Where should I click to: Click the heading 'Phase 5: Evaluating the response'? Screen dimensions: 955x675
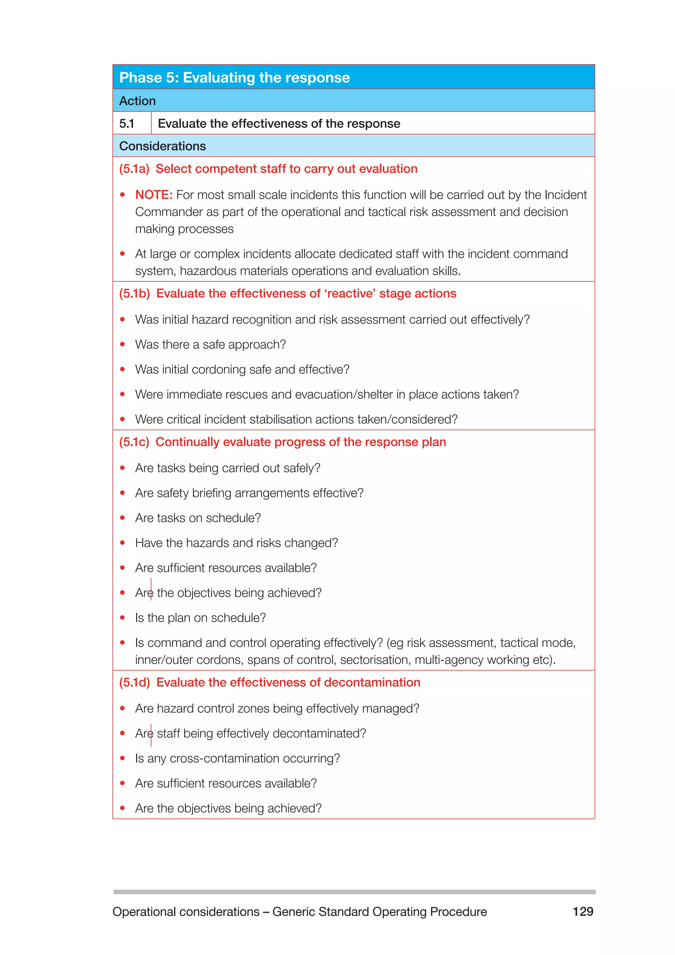pyautogui.click(x=234, y=78)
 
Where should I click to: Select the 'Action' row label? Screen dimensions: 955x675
pyautogui.click(x=137, y=101)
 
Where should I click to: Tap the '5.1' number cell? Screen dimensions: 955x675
pyautogui.click(x=127, y=124)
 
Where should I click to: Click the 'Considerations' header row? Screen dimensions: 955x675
pyautogui.click(x=162, y=146)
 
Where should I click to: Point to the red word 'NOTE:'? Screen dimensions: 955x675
pyautogui.click(x=154, y=195)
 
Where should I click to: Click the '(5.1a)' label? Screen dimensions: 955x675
pyautogui.click(x=134, y=169)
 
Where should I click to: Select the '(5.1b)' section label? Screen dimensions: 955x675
pyautogui.click(x=134, y=293)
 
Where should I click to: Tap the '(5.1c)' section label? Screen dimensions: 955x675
pyautogui.click(x=134, y=442)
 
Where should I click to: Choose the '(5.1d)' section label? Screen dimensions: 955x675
pyautogui.click(x=134, y=683)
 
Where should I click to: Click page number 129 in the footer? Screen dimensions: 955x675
pyautogui.click(x=583, y=912)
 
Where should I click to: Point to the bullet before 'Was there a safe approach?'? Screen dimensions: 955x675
pyautogui.click(x=123, y=344)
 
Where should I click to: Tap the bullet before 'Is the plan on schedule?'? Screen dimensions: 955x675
pyautogui.click(x=123, y=618)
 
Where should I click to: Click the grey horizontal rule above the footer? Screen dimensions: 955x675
pyautogui.click(x=354, y=892)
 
